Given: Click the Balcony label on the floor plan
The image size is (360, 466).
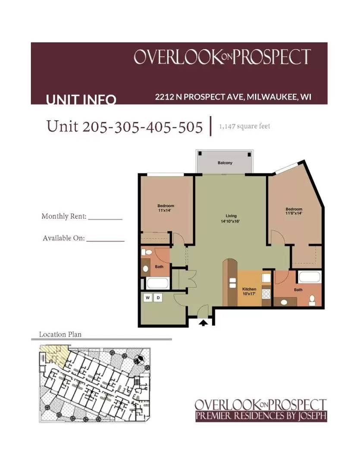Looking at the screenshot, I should (x=225, y=163).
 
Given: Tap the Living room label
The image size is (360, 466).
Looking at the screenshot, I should (x=231, y=216).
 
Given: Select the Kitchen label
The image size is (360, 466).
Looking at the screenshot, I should (x=249, y=289).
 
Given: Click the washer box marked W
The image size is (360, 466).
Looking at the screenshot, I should (x=148, y=298).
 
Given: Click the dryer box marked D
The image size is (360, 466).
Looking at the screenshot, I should (x=158, y=298).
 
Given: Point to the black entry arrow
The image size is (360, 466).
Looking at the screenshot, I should (x=203, y=321).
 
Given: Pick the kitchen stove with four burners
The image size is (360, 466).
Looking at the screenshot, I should (x=266, y=293).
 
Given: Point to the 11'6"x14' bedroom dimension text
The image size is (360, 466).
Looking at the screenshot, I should (x=294, y=213).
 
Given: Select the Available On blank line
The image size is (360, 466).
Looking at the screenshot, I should (x=105, y=240).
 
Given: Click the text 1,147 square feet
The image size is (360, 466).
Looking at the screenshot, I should (x=244, y=126).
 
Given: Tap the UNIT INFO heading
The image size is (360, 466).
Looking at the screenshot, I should (x=81, y=100).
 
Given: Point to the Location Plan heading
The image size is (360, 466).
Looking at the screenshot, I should (x=60, y=334).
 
